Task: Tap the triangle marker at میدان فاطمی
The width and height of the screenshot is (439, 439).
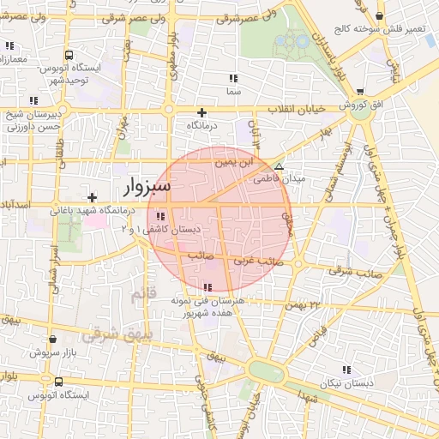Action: coord(278,166)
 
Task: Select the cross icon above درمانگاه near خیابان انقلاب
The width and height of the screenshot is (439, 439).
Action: coord(202,112)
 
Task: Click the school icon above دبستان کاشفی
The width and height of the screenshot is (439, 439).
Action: coord(161,216)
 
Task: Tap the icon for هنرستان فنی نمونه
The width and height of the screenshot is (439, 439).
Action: coord(207,287)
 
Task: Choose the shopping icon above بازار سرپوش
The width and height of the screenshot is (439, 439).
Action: coord(53,340)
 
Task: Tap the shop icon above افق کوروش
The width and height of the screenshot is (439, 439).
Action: coord(358,91)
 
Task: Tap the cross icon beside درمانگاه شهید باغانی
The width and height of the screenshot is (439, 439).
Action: coord(92,197)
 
